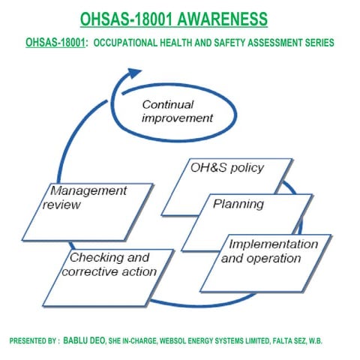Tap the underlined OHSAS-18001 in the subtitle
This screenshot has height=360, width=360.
click(x=55, y=43)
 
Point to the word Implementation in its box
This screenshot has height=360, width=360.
click(x=271, y=244)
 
